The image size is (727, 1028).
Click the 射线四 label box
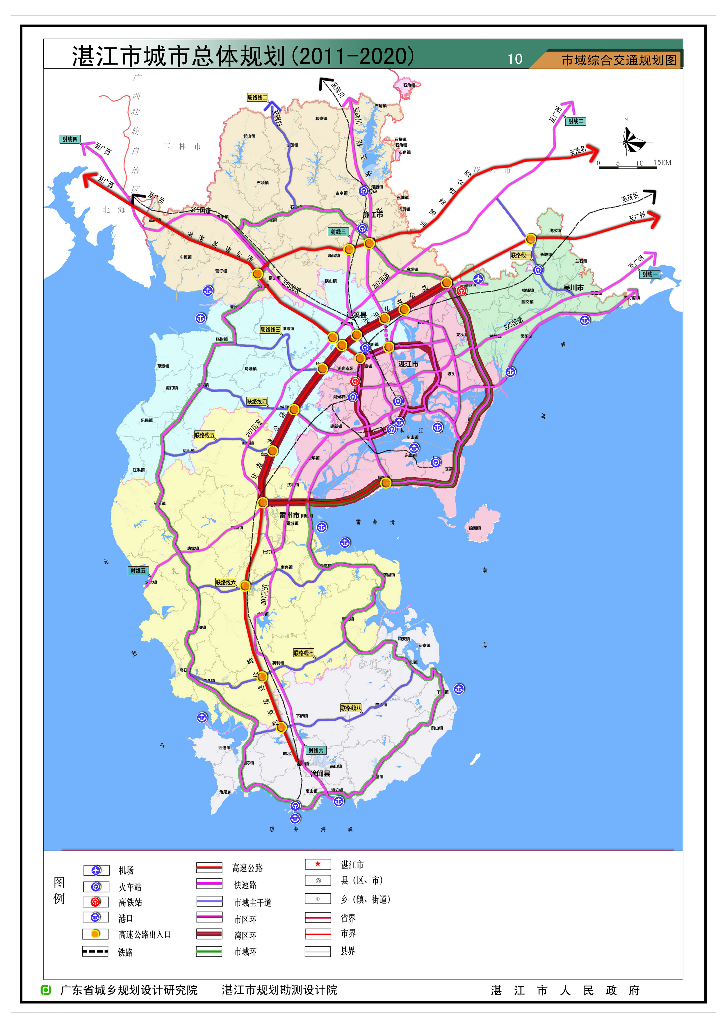pyautogui.click(x=70, y=139)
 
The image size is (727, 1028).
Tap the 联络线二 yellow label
pyautogui.click(x=257, y=97)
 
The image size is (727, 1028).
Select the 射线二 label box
pyautogui.click(x=576, y=121)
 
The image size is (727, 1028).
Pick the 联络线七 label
pyautogui.click(x=304, y=653)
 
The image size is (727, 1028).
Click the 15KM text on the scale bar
pyautogui.click(x=662, y=163)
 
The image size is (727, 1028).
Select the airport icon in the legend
pyautogui.click(x=96, y=870)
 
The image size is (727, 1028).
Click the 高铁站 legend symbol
pyautogui.click(x=95, y=902)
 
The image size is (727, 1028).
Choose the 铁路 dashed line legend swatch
pyautogui.click(x=95, y=951)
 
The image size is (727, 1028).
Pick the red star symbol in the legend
pyautogui.click(x=318, y=864)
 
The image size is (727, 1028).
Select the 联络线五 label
pyautogui.click(x=205, y=435)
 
